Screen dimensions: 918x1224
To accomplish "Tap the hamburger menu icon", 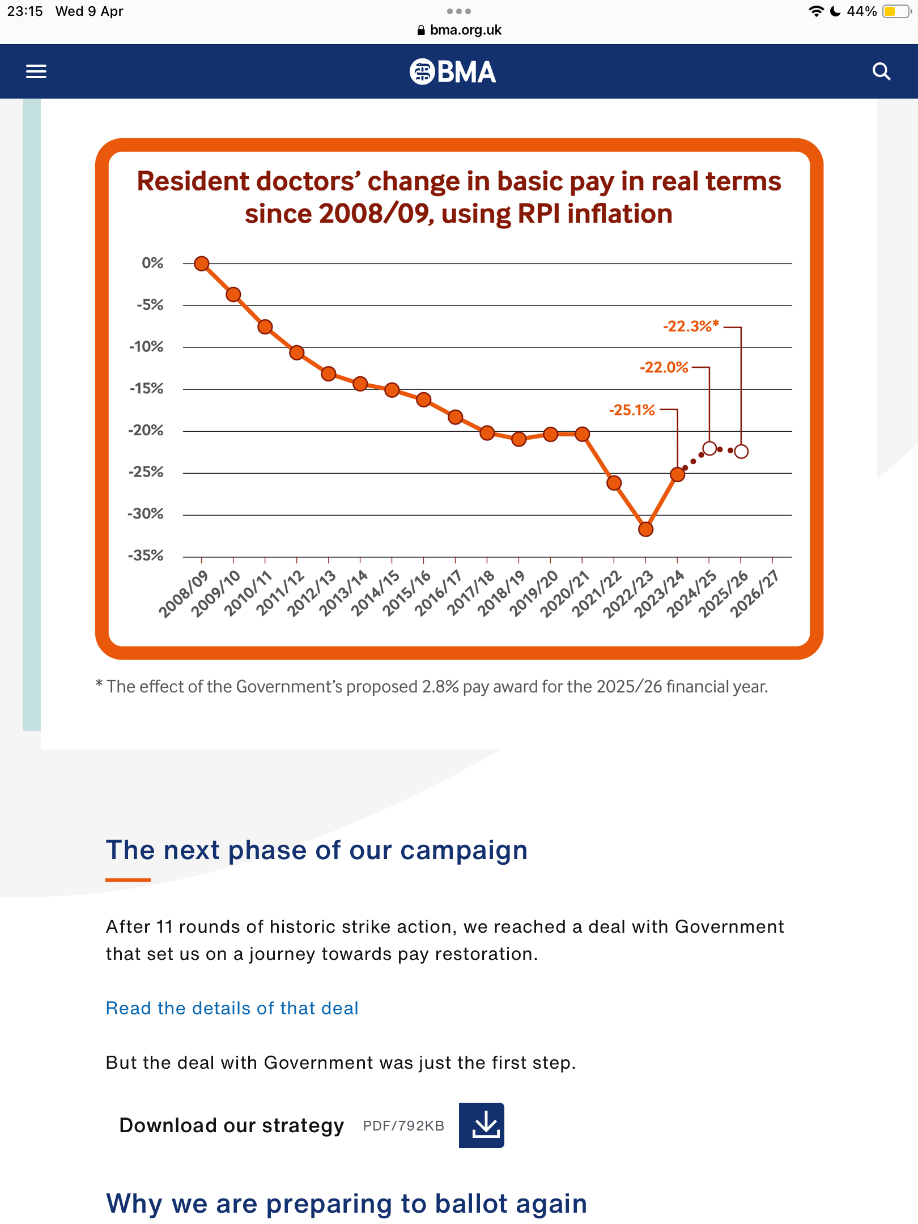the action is click(x=36, y=71).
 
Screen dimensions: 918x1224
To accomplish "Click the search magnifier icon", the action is click(x=881, y=71).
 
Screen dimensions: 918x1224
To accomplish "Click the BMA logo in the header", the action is click(x=453, y=72).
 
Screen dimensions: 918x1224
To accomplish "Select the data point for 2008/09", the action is click(x=202, y=263).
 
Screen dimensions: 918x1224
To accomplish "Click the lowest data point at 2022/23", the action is click(x=645, y=529).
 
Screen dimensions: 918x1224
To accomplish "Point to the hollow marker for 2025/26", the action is click(x=741, y=451).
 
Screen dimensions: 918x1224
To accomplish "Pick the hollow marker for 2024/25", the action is click(x=709, y=449).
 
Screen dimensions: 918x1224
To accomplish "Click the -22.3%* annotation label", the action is click(x=691, y=326).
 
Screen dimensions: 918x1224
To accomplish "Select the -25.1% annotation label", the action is click(x=632, y=410).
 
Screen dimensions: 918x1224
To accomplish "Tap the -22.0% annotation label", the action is click(x=664, y=367).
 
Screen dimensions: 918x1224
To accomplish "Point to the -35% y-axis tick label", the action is click(x=146, y=555).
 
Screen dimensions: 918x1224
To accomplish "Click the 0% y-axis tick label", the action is click(x=152, y=263).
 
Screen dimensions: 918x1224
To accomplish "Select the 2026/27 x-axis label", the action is click(x=754, y=593).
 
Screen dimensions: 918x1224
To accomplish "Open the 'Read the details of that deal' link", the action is click(x=232, y=1008).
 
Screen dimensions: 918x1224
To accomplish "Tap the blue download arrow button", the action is click(x=482, y=1125).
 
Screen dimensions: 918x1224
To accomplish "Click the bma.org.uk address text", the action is click(x=465, y=30).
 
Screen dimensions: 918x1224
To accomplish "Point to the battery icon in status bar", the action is click(x=896, y=11).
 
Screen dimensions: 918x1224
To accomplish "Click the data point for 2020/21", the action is click(x=582, y=434).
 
